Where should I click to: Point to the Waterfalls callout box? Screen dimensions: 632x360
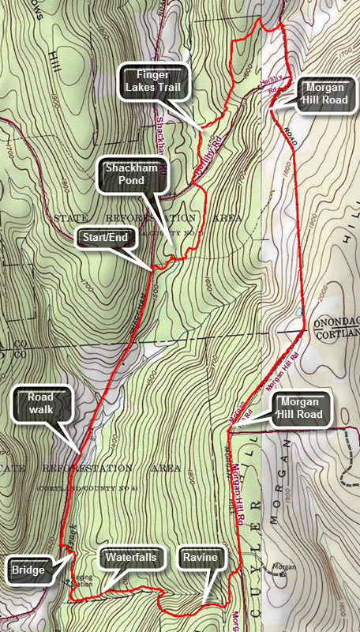(x=132, y=558)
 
